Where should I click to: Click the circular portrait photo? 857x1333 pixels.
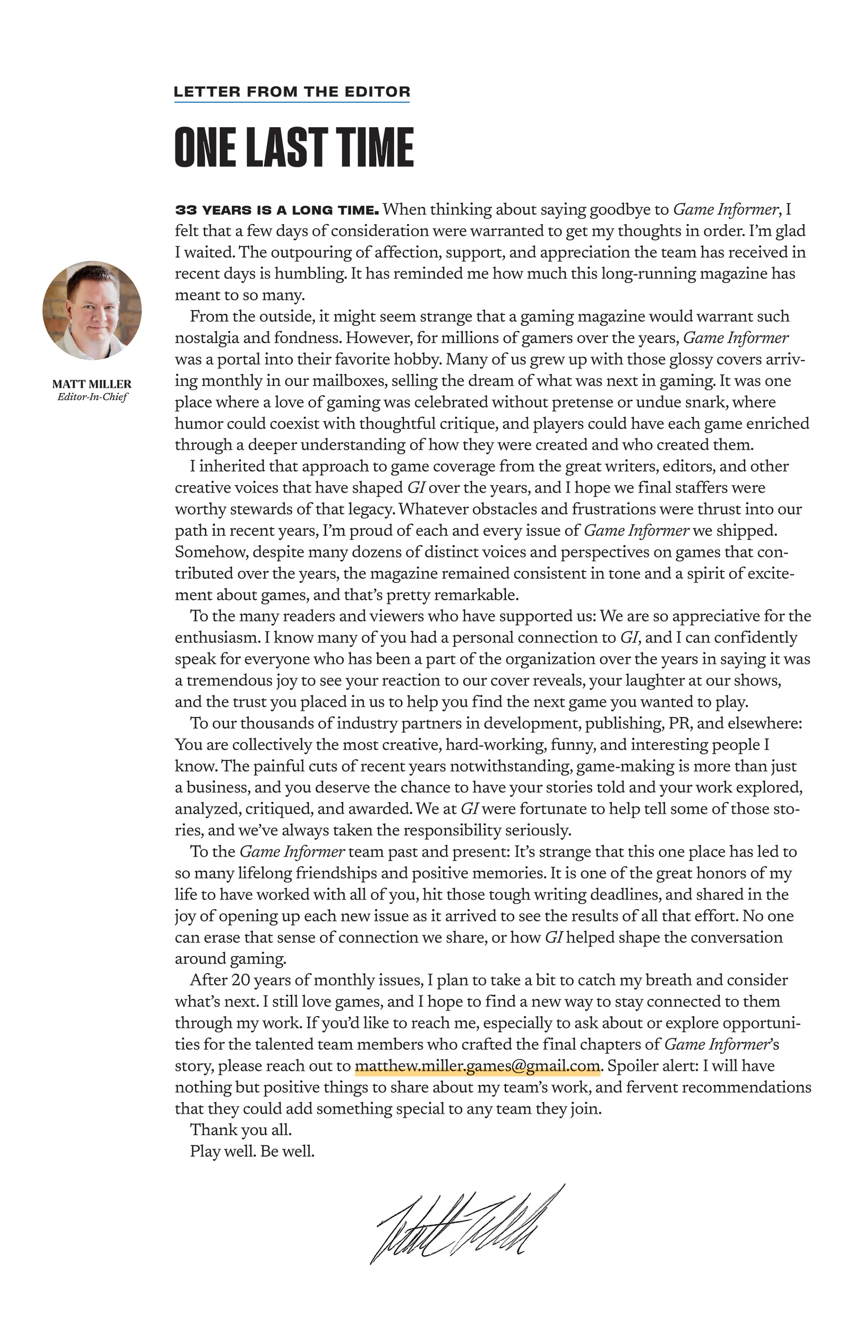[x=92, y=310]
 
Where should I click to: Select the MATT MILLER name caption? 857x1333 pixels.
[x=92, y=384]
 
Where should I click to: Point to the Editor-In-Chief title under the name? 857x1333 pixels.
[x=92, y=397]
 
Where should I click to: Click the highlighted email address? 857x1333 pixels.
[x=477, y=1066]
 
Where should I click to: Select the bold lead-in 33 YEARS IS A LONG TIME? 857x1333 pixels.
[x=276, y=210]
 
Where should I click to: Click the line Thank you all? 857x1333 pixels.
[x=241, y=1130]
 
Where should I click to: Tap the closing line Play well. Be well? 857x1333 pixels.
[x=252, y=1152]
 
